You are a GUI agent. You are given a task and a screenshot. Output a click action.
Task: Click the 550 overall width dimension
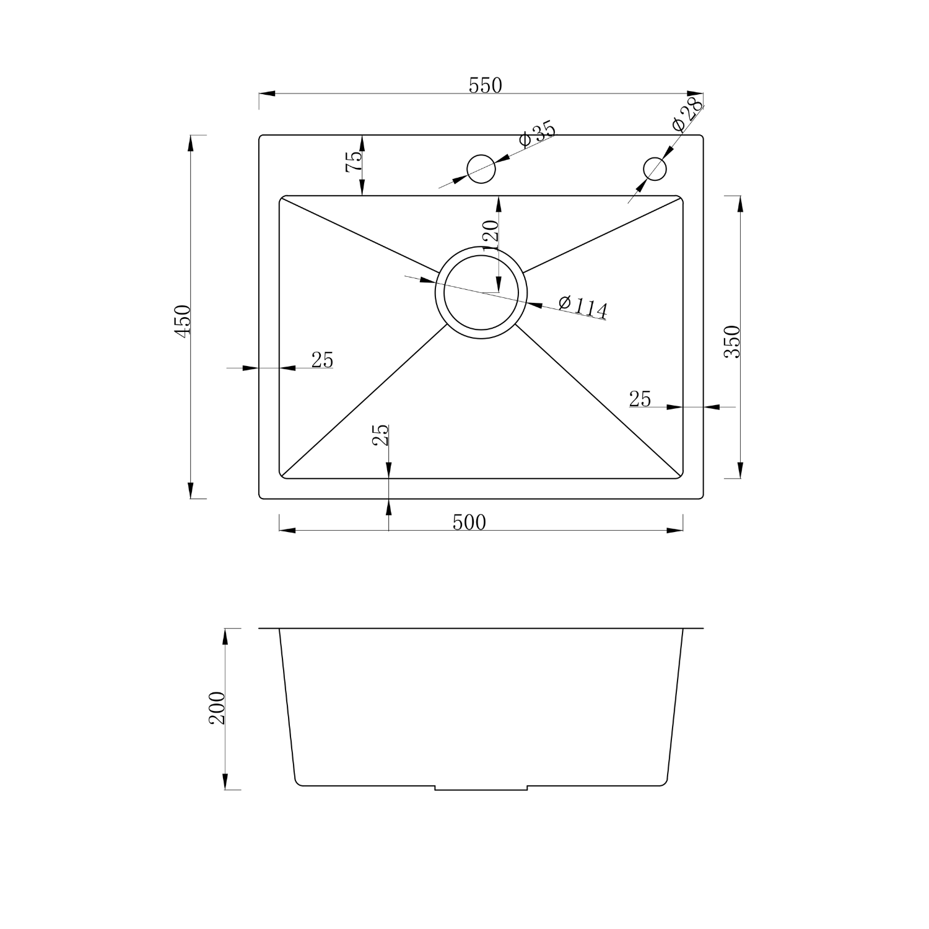(x=485, y=85)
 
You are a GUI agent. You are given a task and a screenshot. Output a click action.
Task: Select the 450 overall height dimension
(x=183, y=321)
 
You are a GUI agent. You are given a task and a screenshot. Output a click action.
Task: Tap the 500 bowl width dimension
(x=469, y=523)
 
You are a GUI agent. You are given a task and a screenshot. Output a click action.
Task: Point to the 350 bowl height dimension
(x=733, y=341)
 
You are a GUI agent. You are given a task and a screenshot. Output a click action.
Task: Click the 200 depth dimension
(x=217, y=708)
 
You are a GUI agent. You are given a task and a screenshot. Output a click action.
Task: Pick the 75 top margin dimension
(x=354, y=163)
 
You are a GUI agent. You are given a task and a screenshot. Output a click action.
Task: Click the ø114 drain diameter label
(x=582, y=307)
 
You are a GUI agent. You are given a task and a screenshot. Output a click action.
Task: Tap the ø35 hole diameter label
(x=536, y=134)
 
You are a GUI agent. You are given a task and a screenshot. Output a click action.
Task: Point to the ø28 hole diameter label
(x=687, y=114)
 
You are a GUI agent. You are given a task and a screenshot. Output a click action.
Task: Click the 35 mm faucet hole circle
(x=481, y=168)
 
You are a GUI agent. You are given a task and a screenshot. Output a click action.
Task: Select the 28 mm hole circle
(x=655, y=168)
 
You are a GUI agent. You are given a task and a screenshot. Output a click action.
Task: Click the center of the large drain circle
(x=481, y=292)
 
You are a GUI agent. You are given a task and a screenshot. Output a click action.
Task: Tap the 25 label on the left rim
(x=322, y=360)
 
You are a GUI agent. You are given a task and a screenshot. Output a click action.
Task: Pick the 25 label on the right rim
(x=640, y=399)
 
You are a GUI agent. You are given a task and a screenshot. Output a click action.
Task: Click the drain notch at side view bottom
(x=481, y=788)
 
